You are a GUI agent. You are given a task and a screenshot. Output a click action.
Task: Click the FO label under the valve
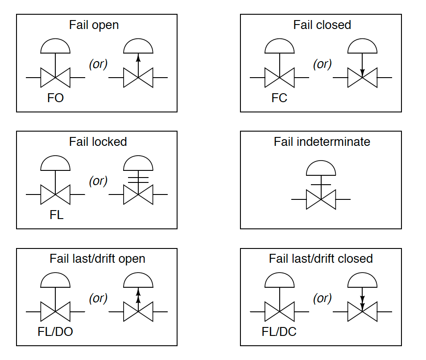[x=56, y=98]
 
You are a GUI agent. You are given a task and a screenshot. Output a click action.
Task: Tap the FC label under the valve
[x=279, y=98]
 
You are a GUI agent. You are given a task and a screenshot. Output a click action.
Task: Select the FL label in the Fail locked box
[x=56, y=215]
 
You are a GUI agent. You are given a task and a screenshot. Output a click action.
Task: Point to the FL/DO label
[x=55, y=332]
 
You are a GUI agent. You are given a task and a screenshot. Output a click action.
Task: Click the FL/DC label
[x=279, y=332]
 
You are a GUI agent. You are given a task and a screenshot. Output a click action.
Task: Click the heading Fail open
[x=94, y=25]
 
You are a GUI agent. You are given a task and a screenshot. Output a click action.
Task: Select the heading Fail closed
[x=322, y=25]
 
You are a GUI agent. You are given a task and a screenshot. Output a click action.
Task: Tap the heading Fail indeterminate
[x=322, y=142]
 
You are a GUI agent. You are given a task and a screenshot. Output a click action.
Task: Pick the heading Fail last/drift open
[x=97, y=259]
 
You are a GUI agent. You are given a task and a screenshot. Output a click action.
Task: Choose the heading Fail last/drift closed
[x=321, y=259]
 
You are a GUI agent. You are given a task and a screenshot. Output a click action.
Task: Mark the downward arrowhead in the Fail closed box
[x=362, y=71]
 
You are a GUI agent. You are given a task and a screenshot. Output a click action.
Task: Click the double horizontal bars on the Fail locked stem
[x=138, y=179]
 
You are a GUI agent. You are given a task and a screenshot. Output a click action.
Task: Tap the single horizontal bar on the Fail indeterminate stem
[x=321, y=184]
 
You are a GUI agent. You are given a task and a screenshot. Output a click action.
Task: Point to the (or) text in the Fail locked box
[x=98, y=181]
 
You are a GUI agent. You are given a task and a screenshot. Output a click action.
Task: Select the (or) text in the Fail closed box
[x=322, y=64]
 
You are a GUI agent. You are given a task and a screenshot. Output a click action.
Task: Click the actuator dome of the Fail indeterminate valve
[x=321, y=168]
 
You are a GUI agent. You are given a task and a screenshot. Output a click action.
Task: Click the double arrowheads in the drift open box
[x=138, y=295]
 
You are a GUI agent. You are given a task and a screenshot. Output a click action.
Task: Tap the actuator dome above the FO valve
[x=55, y=46]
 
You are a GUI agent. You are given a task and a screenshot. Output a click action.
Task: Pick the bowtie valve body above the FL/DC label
[x=279, y=311]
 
